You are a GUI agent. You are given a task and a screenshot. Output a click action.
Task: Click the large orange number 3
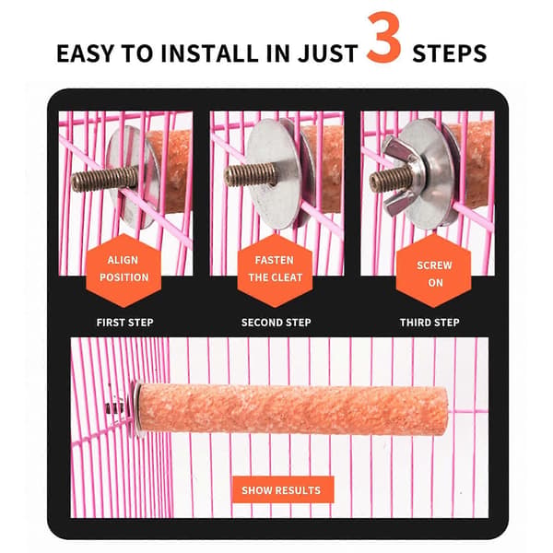[x=383, y=38]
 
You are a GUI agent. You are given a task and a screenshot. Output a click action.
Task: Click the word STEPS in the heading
[x=450, y=53]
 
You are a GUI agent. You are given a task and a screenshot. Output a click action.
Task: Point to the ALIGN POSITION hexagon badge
[x=124, y=270]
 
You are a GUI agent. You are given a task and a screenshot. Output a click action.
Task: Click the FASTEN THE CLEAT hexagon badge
[x=275, y=270]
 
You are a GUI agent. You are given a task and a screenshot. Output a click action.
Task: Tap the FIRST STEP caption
[x=124, y=323]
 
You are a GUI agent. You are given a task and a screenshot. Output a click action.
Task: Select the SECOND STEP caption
[x=276, y=323]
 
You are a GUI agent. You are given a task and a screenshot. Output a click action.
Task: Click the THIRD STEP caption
[x=429, y=323]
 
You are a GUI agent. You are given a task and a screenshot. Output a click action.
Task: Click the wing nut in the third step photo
[x=401, y=176]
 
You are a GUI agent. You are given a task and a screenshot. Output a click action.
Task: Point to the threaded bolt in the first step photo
[x=105, y=179]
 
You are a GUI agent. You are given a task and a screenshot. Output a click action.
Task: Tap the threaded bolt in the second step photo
[x=251, y=174]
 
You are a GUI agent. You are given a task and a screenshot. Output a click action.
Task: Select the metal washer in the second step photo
[x=274, y=173]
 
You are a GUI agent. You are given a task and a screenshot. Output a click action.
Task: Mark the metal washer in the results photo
[x=136, y=409]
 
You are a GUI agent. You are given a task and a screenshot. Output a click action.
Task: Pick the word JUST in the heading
[x=328, y=53]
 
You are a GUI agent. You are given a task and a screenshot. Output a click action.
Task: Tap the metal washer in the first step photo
[x=131, y=177]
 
